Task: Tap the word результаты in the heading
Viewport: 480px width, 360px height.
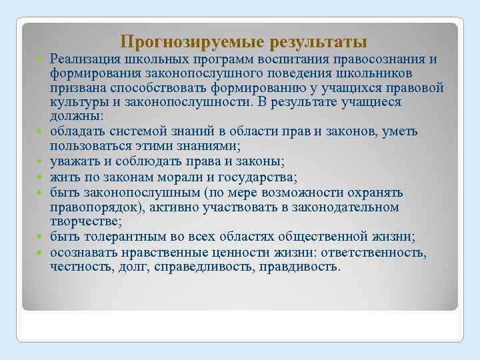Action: click(319, 43)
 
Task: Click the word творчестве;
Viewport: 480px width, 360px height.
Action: click(81, 222)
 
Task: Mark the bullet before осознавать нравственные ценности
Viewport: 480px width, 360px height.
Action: click(41, 252)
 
